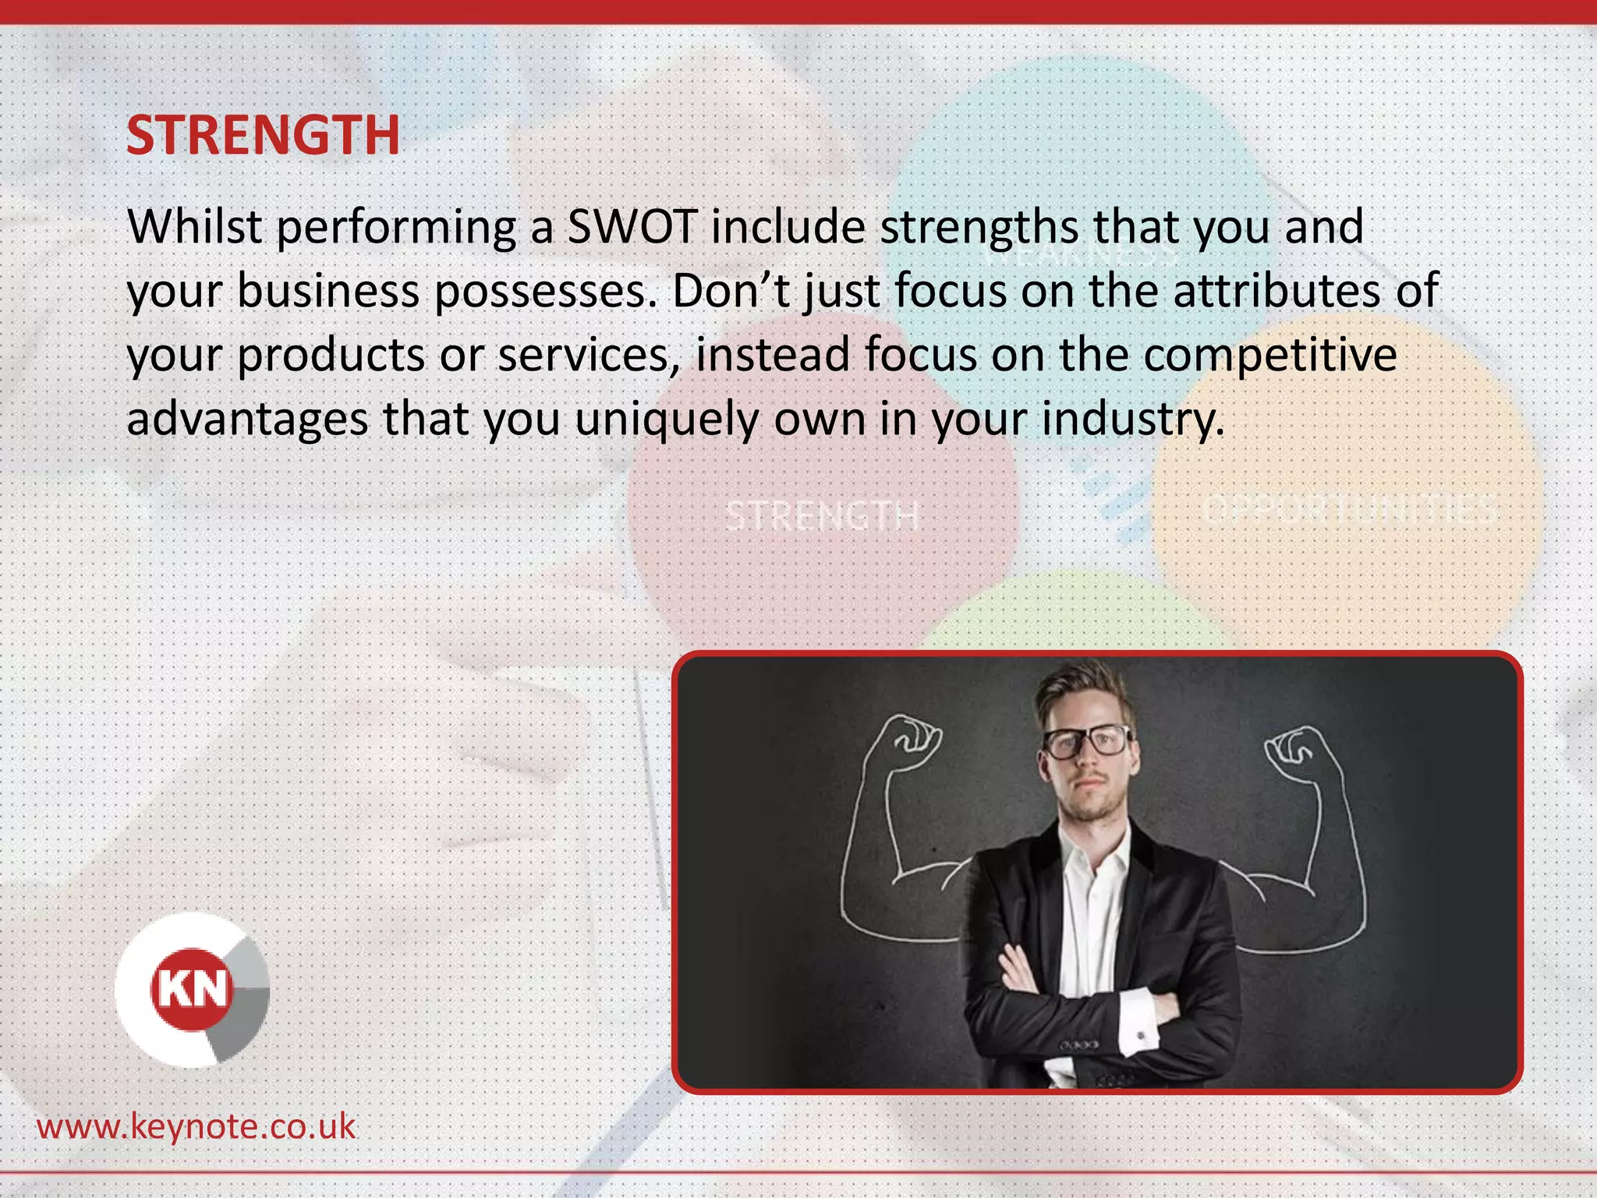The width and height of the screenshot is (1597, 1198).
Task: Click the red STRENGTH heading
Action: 263,136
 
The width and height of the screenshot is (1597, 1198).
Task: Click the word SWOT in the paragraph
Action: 632,227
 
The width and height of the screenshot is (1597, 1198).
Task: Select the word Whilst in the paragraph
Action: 194,227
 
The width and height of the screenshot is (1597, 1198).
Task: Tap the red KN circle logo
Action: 192,989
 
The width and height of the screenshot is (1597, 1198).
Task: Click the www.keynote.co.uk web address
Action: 196,1127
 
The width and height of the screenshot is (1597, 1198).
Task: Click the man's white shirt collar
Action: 1092,850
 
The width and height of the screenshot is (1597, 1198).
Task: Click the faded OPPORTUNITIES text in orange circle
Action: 1349,510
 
